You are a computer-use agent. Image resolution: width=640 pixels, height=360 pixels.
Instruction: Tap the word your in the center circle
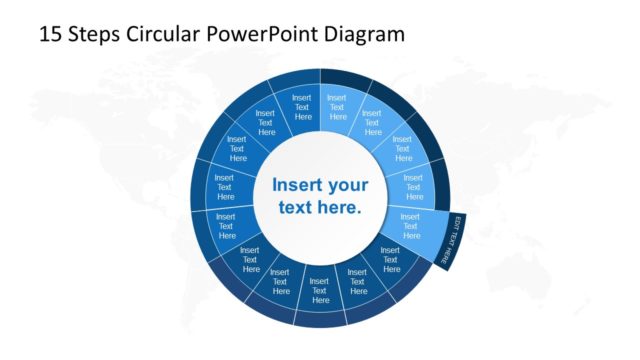click(347, 186)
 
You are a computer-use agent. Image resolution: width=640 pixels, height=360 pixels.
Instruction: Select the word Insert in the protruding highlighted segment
click(410, 216)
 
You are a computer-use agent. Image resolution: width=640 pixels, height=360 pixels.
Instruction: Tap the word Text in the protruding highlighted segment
click(410, 226)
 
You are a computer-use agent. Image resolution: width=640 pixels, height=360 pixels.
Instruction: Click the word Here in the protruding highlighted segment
click(410, 237)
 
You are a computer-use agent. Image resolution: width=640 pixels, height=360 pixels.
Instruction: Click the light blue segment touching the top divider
click(337, 106)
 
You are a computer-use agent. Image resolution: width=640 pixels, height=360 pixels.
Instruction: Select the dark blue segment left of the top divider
click(303, 106)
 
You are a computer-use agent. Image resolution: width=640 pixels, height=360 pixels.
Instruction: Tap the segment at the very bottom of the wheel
click(320, 290)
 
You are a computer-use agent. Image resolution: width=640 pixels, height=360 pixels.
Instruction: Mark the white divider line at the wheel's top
click(320, 100)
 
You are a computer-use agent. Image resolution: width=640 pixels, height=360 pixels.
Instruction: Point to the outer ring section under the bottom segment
click(320, 318)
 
